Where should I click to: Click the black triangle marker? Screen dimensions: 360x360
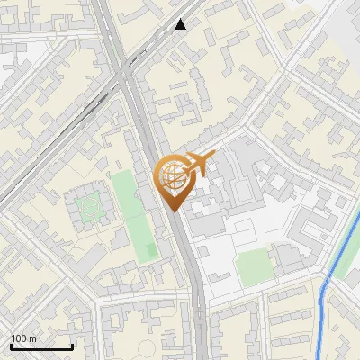point(181,24)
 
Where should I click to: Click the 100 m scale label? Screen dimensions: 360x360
point(23,338)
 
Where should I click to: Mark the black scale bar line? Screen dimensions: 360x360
point(41,346)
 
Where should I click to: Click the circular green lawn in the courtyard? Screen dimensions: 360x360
point(89,209)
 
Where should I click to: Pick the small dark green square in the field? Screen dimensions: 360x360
point(150,248)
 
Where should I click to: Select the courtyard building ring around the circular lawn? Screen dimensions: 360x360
point(89,190)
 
